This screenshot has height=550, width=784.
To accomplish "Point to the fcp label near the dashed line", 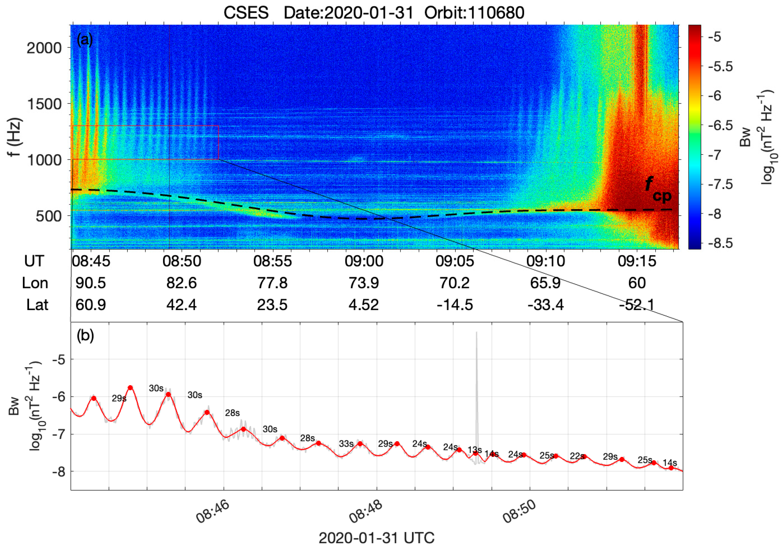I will pyautogui.click(x=657, y=189).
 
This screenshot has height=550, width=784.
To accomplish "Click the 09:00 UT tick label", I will pyautogui.click(x=364, y=261).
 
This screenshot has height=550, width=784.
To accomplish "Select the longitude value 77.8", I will pyautogui.click(x=272, y=283).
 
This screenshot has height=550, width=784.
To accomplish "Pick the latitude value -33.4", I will pyautogui.click(x=545, y=305).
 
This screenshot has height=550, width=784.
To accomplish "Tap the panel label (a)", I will pyautogui.click(x=85, y=40).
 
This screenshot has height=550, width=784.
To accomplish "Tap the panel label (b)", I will pyautogui.click(x=85, y=336).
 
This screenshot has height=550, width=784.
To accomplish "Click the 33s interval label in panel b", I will pyautogui.click(x=346, y=444).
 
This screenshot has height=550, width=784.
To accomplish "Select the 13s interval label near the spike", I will pyautogui.click(x=474, y=450).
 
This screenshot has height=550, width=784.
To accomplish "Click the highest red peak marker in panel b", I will pyautogui.click(x=130, y=387).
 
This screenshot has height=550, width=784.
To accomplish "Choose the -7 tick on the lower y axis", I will pyautogui.click(x=58, y=434).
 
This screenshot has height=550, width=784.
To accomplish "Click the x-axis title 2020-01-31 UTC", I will pyautogui.click(x=376, y=538).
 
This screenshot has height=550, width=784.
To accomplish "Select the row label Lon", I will pyautogui.click(x=35, y=283).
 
